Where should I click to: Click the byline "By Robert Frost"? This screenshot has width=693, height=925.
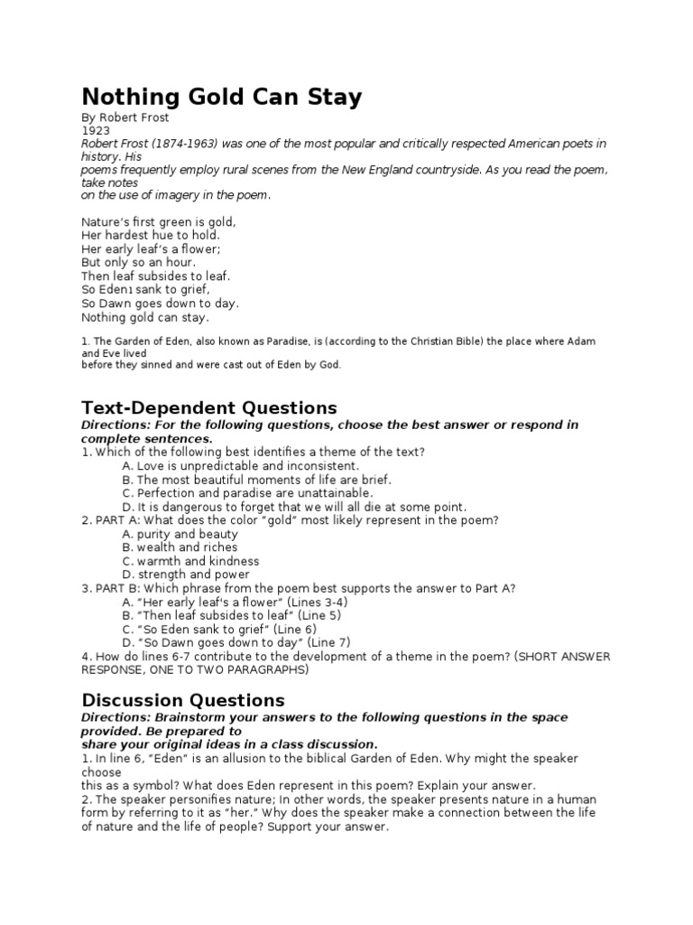tap(125, 117)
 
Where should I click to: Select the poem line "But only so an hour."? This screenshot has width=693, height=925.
tap(138, 262)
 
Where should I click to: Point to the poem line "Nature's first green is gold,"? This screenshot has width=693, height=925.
tap(158, 221)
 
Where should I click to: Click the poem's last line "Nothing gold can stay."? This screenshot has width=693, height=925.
tap(145, 317)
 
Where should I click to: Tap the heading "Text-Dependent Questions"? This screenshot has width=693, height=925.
tap(209, 406)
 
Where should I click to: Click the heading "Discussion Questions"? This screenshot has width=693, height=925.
tap(183, 699)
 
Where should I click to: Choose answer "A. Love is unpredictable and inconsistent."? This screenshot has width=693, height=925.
tap(234, 465)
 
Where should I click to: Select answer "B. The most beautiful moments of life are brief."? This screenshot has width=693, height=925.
tap(256, 480)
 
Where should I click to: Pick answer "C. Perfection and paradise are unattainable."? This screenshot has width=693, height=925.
tap(246, 493)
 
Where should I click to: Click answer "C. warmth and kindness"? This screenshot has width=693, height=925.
tap(190, 561)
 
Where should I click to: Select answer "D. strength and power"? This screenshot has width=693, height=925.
tap(186, 575)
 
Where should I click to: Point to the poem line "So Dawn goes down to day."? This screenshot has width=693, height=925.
tap(161, 304)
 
